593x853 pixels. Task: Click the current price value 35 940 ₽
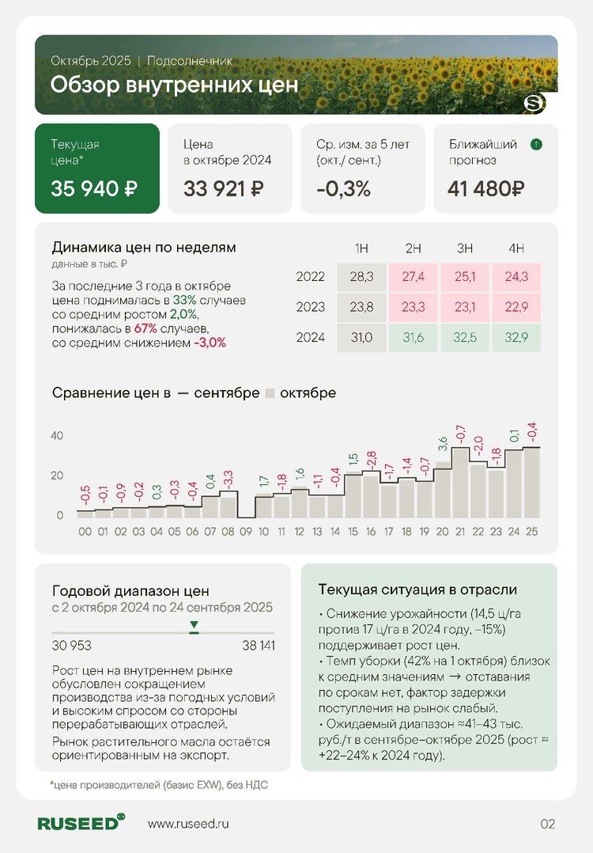tap(94, 189)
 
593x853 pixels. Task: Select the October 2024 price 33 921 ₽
tap(224, 189)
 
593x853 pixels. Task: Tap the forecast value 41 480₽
tap(485, 189)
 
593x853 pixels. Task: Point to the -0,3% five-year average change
tap(343, 189)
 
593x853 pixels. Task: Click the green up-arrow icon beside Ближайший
tap(536, 145)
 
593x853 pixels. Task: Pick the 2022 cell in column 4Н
tap(516, 277)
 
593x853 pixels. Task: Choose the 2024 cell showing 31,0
tap(361, 337)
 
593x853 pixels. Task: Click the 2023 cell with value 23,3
tap(413, 307)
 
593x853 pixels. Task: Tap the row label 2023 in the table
tap(310, 307)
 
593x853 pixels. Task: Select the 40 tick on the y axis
tap(57, 436)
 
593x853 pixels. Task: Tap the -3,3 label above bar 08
tap(229, 479)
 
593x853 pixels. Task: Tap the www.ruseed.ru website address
tap(188, 824)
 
